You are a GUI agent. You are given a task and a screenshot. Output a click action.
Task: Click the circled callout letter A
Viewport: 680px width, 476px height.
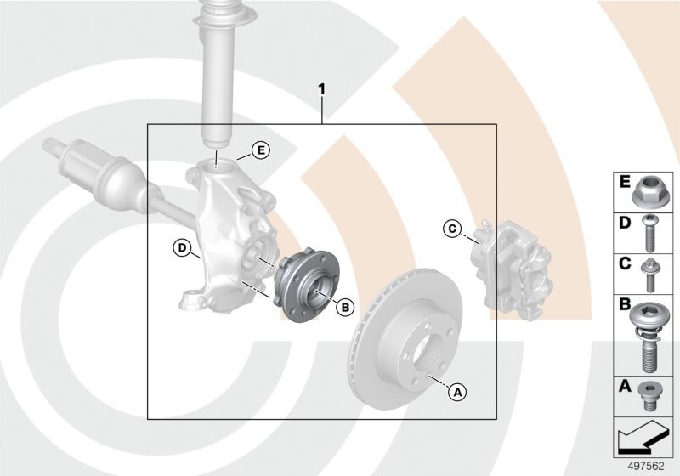tap(456, 392)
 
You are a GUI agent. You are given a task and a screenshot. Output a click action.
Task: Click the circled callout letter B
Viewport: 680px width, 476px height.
tap(345, 307)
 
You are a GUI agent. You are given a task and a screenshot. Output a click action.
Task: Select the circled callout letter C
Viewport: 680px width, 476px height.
tap(452, 227)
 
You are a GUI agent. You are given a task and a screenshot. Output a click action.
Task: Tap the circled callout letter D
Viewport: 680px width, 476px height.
tap(181, 248)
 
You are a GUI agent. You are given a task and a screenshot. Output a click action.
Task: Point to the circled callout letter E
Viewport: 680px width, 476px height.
tap(260, 151)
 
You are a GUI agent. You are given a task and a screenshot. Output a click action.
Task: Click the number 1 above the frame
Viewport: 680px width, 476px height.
tap(321, 88)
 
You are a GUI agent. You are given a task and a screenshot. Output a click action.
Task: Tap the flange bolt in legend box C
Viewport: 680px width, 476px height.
tap(650, 272)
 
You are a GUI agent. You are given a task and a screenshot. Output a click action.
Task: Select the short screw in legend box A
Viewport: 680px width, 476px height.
tap(651, 397)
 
